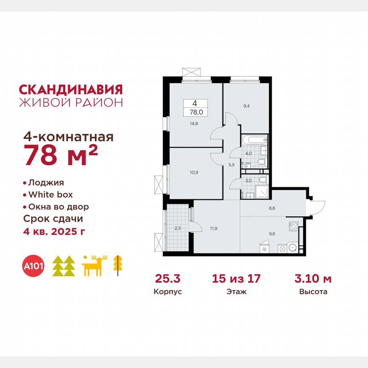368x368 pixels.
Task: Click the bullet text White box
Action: pos(50,195)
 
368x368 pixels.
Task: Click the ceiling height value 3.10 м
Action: pos(313,279)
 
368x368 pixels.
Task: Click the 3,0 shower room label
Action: pos(247,181)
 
